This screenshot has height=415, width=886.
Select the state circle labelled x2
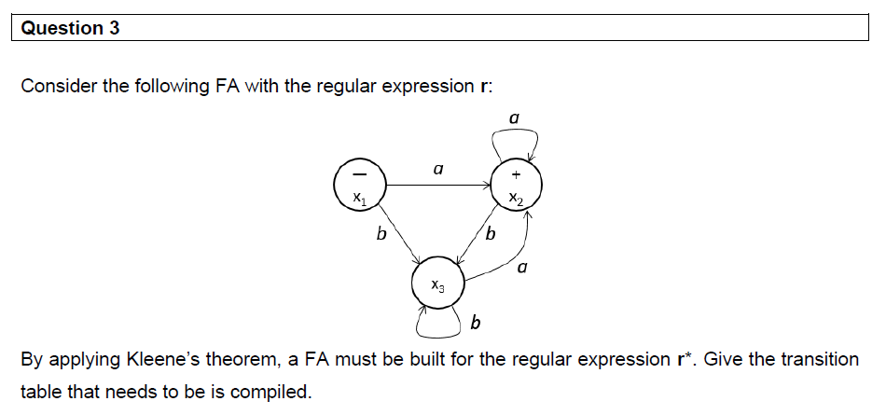(x=516, y=185)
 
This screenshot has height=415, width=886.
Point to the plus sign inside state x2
(x=516, y=174)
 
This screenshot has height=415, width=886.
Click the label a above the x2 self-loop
(x=514, y=118)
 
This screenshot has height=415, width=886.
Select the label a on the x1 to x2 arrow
(x=437, y=171)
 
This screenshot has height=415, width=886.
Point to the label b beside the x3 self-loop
(x=476, y=324)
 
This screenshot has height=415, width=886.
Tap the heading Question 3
(x=70, y=28)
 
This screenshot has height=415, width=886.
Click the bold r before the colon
(x=482, y=87)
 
